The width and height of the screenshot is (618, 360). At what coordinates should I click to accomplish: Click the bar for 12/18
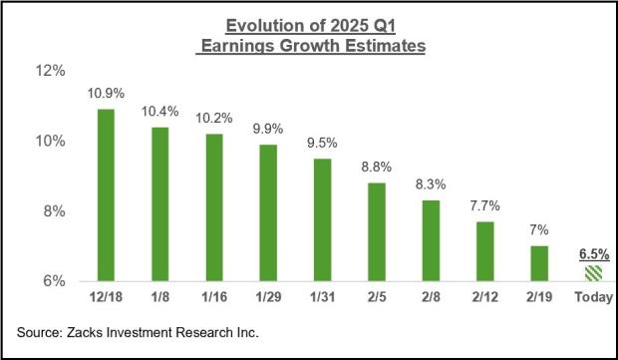pyautogui.click(x=105, y=194)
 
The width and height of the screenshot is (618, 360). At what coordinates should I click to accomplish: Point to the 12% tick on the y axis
pyautogui.click(x=51, y=72)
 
